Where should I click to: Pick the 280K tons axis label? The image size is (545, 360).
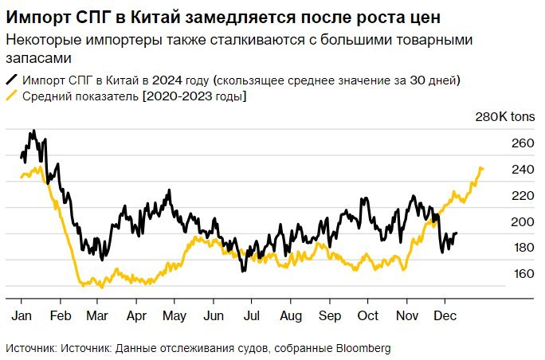pos(505,117)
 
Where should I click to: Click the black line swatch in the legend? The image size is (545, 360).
pos(12,80)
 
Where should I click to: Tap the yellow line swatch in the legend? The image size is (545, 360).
pos(12,96)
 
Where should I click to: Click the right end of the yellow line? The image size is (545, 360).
pos(482,168)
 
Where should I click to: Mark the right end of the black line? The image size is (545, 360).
pos(457,233)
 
